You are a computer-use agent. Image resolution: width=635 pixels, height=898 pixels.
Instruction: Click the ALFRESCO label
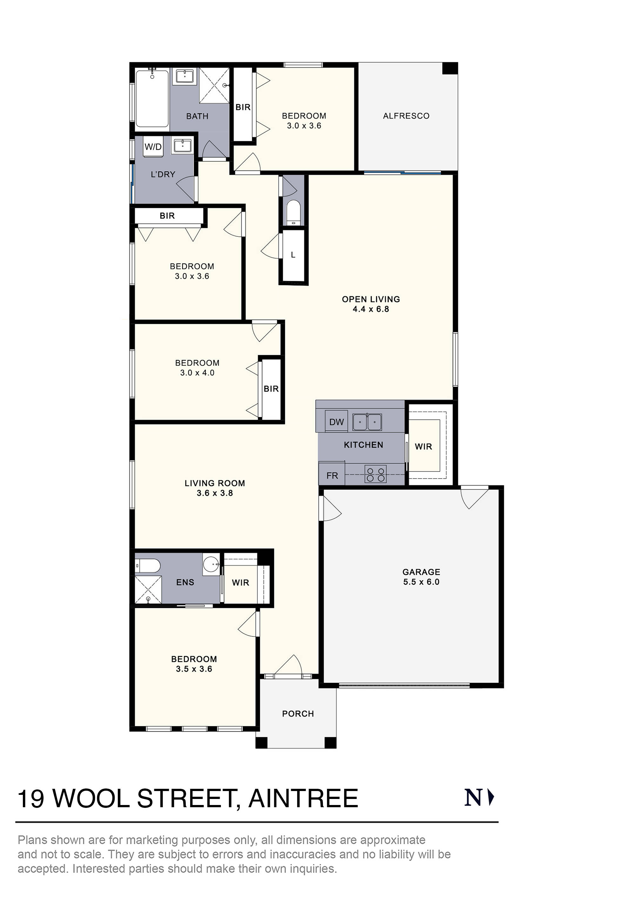coord(406,116)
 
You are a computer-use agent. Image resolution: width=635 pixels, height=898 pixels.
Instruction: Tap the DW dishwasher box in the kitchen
coord(336,422)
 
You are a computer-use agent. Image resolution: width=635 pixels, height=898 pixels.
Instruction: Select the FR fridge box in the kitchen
coord(332,475)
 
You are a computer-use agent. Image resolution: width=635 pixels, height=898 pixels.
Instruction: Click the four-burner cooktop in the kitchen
coord(375,474)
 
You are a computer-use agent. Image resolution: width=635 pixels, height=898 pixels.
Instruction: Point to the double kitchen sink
coord(367,422)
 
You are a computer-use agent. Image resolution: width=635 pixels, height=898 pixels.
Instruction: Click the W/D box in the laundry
coord(153,147)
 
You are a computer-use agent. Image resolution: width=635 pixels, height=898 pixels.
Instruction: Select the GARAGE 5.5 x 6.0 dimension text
coord(421,582)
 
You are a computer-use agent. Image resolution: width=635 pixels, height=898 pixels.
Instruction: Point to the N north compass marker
coord(478,798)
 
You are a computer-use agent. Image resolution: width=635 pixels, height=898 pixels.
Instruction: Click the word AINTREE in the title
coord(303,799)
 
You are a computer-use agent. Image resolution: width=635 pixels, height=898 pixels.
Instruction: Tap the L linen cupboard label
coord(293,255)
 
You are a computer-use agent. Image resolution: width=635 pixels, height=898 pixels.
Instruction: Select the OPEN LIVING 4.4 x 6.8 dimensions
coord(371,309)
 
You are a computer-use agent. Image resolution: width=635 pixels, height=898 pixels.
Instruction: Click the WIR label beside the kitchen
coord(423,446)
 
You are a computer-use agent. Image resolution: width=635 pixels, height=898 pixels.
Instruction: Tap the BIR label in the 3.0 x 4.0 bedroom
coord(271,389)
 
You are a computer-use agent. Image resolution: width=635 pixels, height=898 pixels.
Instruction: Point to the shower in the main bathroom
coord(214,85)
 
